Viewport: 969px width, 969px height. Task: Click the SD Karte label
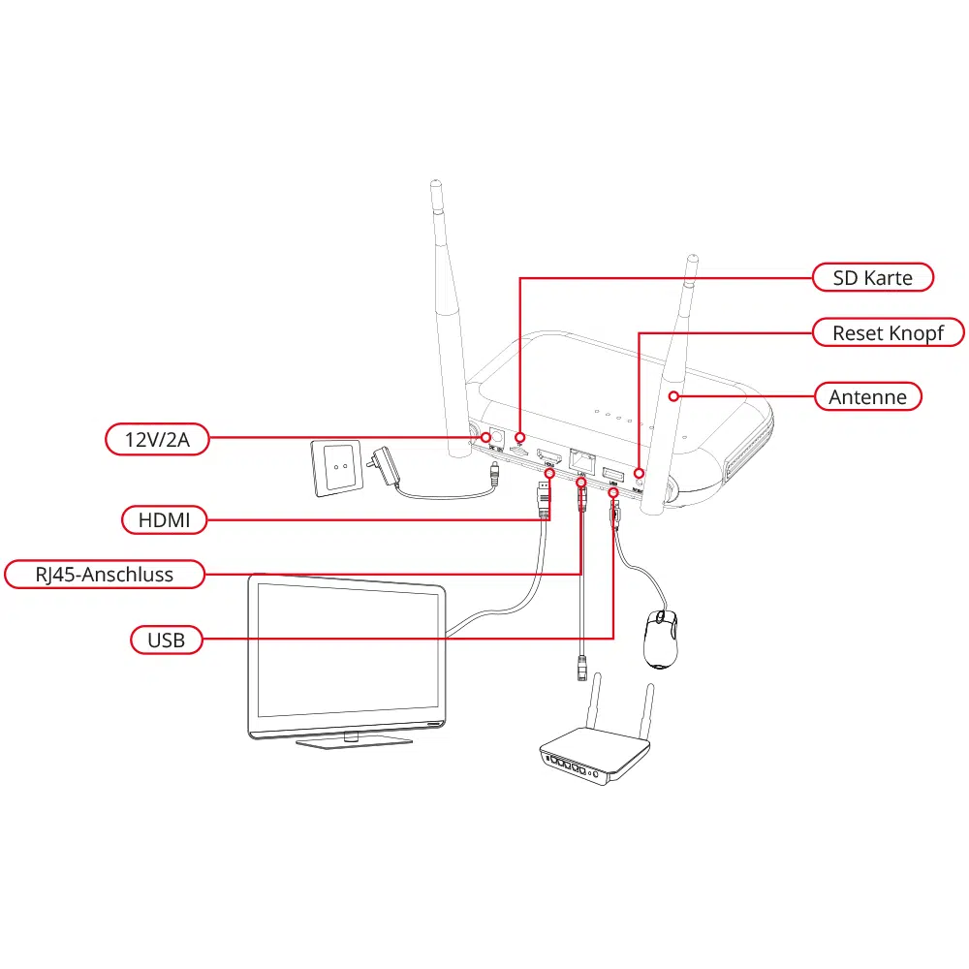point(872,278)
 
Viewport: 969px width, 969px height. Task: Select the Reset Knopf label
point(887,333)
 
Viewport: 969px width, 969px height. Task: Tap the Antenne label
point(867,396)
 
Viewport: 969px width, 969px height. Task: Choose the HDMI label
point(165,520)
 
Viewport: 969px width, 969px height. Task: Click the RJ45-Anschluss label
point(105,575)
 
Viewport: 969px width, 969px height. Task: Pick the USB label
point(166,640)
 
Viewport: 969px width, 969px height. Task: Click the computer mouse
point(661,640)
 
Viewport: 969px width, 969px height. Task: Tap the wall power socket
point(336,467)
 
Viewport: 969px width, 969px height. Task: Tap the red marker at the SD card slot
point(520,437)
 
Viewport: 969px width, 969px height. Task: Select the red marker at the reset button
point(639,473)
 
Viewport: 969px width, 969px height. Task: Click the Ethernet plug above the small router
point(581,666)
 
